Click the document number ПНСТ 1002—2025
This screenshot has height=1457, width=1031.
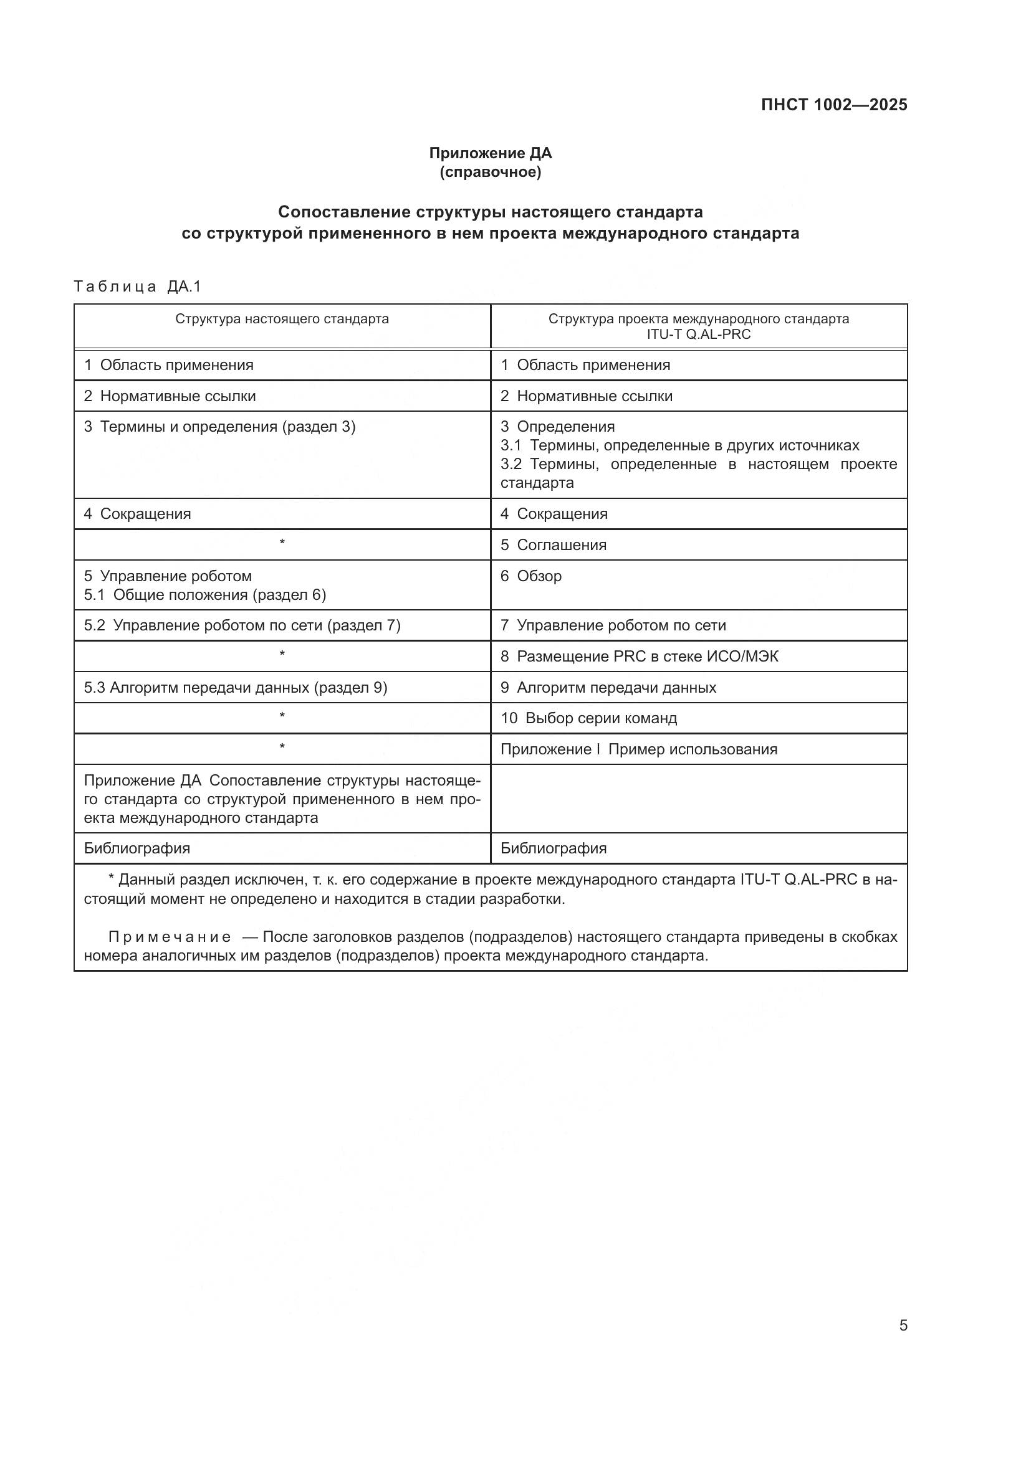[x=833, y=105]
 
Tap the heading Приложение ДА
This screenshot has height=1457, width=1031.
[x=490, y=153]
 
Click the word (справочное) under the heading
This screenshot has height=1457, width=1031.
[x=490, y=172]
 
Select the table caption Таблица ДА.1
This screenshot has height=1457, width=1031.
[x=137, y=286]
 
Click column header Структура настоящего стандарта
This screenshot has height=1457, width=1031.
[x=282, y=318]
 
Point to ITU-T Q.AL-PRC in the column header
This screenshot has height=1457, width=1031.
[x=698, y=335]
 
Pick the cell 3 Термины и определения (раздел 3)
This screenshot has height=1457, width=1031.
[x=219, y=427]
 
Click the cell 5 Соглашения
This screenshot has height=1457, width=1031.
[x=554, y=544]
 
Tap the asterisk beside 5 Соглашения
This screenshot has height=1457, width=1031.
[x=282, y=543]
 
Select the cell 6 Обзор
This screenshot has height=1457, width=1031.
[x=531, y=576]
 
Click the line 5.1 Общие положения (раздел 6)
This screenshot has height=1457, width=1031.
[x=205, y=595]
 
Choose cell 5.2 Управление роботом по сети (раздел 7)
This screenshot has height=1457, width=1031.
[x=242, y=625]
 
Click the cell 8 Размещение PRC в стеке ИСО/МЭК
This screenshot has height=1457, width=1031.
[x=640, y=656]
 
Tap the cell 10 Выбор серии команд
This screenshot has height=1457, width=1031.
[x=588, y=718]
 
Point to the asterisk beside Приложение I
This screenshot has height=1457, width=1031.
[x=282, y=747]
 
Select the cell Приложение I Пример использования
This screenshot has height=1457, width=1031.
[x=639, y=749]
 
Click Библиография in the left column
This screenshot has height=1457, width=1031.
[x=137, y=848]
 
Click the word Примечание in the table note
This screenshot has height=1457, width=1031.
[x=170, y=937]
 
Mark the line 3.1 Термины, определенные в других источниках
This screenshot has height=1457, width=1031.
[x=679, y=445]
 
